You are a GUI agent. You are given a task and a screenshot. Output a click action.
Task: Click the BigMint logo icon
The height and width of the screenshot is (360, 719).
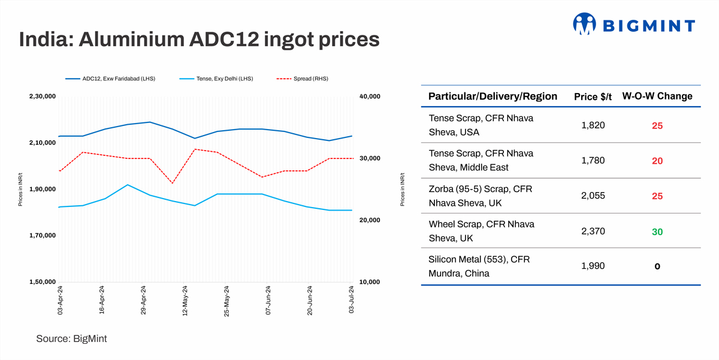584,24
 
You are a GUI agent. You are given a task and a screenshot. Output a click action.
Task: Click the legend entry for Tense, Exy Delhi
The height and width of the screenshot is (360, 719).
216,79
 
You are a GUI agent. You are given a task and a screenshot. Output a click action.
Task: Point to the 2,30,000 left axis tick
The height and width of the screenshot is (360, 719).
42,96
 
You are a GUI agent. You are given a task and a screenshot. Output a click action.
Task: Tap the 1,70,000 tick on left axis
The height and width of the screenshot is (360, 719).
42,235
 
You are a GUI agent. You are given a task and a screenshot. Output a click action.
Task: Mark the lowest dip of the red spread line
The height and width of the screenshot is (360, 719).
172,183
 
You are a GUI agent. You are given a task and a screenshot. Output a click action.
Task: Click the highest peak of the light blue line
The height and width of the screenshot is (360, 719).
128,185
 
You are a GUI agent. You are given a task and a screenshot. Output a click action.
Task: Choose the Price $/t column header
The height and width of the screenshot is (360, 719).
593,96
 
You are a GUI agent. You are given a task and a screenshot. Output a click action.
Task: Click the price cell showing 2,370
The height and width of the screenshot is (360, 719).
593,231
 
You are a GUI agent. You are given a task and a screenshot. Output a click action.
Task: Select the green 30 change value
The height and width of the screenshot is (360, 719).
657,232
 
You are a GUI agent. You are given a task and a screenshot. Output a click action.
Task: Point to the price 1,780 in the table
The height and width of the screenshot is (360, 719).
593,160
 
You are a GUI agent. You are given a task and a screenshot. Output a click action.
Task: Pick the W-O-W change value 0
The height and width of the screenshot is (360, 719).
657,266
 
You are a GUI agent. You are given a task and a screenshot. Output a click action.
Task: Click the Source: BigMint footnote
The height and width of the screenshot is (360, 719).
72,339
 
